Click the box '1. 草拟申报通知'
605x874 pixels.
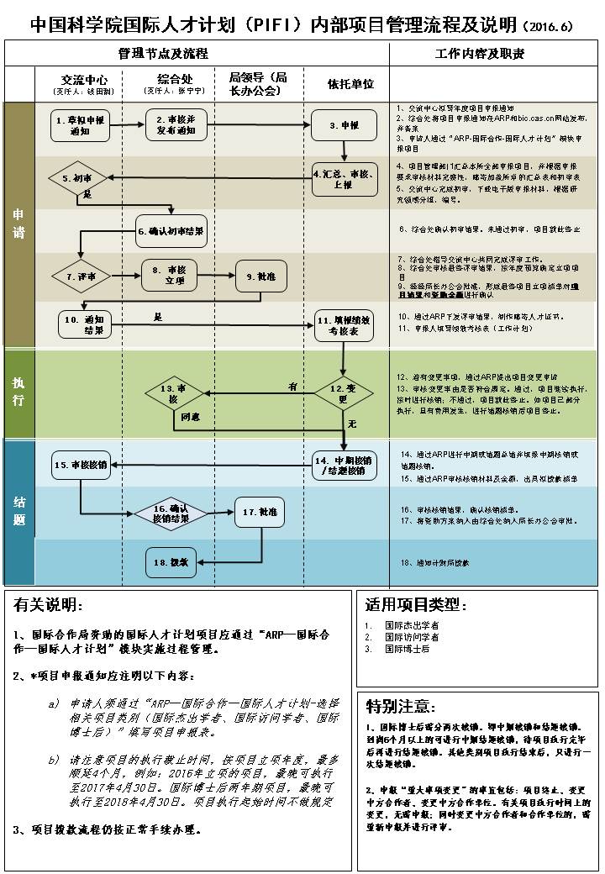pyautogui.click(x=80, y=125)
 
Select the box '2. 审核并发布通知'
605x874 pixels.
pyautogui.click(x=176, y=125)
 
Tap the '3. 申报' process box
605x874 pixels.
pyautogui.click(x=345, y=125)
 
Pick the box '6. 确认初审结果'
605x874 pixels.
pyautogui.click(x=171, y=229)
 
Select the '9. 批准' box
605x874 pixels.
pyautogui.click(x=261, y=276)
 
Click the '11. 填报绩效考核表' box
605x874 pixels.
pyautogui.click(x=345, y=325)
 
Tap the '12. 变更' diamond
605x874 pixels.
pyautogui.click(x=343, y=392)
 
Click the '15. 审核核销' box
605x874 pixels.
pyautogui.click(x=81, y=464)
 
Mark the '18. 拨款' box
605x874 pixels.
pyautogui.click(x=178, y=561)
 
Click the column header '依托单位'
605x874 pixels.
pyautogui.click(x=350, y=85)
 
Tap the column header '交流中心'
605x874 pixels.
pyautogui.click(x=84, y=81)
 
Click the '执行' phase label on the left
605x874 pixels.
pyautogui.click(x=18, y=392)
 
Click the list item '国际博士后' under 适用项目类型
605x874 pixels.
pyautogui.click(x=408, y=650)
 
